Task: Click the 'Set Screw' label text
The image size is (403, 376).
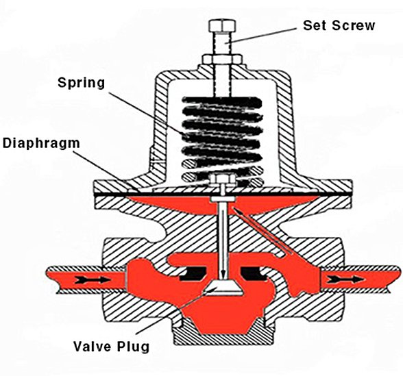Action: click(339, 26)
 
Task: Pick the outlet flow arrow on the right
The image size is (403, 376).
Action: click(349, 279)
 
